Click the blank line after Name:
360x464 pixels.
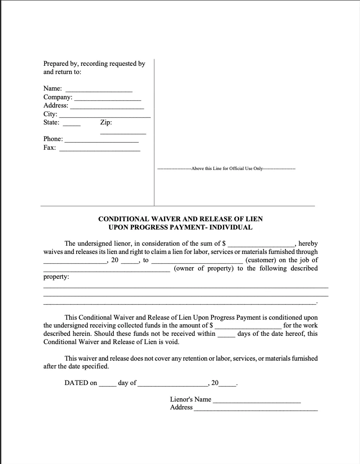coord(99,89)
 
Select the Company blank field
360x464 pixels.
coord(108,98)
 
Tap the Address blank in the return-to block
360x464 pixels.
coord(107,107)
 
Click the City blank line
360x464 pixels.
coord(105,116)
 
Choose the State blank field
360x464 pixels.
coord(72,124)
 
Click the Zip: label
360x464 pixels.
coord(106,122)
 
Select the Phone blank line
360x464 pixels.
coord(101,141)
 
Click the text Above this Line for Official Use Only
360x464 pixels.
coord(227,169)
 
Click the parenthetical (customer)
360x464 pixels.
coord(261,260)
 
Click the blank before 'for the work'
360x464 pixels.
coord(248,326)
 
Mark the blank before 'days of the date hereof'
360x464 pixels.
coord(226,335)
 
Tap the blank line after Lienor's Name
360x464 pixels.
coord(257,400)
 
